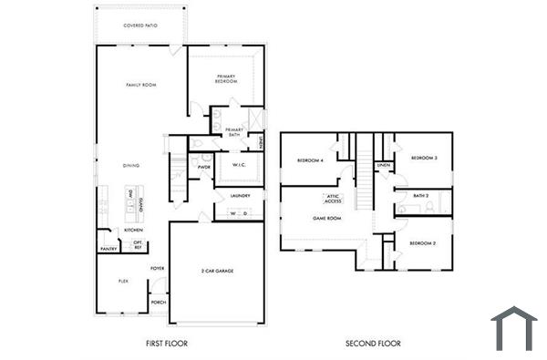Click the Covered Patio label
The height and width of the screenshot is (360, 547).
[x=140, y=26]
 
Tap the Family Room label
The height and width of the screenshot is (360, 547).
[x=141, y=85]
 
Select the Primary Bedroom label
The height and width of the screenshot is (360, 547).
[x=227, y=78]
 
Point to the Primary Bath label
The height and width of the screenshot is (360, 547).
[x=234, y=132]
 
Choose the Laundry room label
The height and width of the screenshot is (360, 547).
[x=240, y=196]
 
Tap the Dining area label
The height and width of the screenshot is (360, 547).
[x=131, y=165]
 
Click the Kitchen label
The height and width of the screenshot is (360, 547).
[x=133, y=231]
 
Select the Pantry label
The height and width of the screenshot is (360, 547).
[x=108, y=247]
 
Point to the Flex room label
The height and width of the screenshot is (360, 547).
[x=123, y=282]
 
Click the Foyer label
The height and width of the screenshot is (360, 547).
[x=158, y=268]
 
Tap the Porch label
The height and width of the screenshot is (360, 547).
[x=158, y=302]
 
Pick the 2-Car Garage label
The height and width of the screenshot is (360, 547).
[x=216, y=272]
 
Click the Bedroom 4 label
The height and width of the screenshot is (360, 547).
[x=310, y=161]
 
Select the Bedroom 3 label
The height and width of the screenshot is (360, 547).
[x=424, y=159]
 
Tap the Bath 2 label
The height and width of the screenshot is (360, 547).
[x=420, y=195]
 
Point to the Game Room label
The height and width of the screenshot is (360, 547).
[x=326, y=219]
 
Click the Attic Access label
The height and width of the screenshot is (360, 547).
[x=333, y=199]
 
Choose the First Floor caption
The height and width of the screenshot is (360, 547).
[x=167, y=345]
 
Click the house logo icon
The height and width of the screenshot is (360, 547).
[x=514, y=329]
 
